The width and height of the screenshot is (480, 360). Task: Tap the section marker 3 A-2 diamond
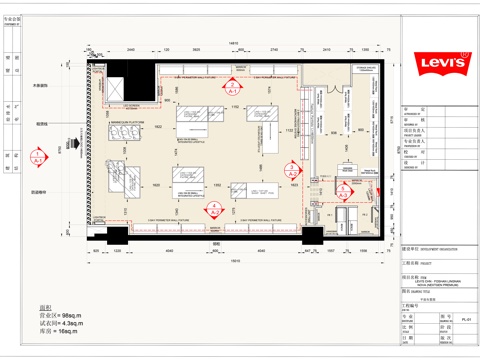coord(344,190)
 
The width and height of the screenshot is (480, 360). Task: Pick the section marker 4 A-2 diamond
coord(216,208)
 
